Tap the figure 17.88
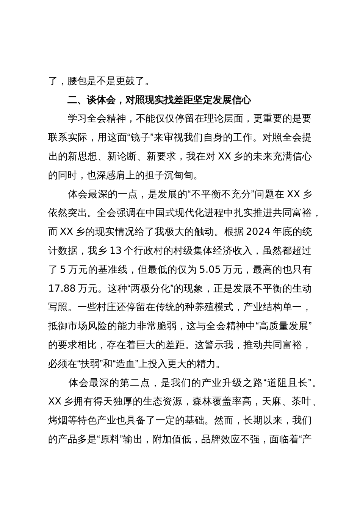click(62, 288)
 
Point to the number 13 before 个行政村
click(116, 250)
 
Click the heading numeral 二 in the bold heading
click(72, 100)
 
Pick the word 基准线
click(111, 269)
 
